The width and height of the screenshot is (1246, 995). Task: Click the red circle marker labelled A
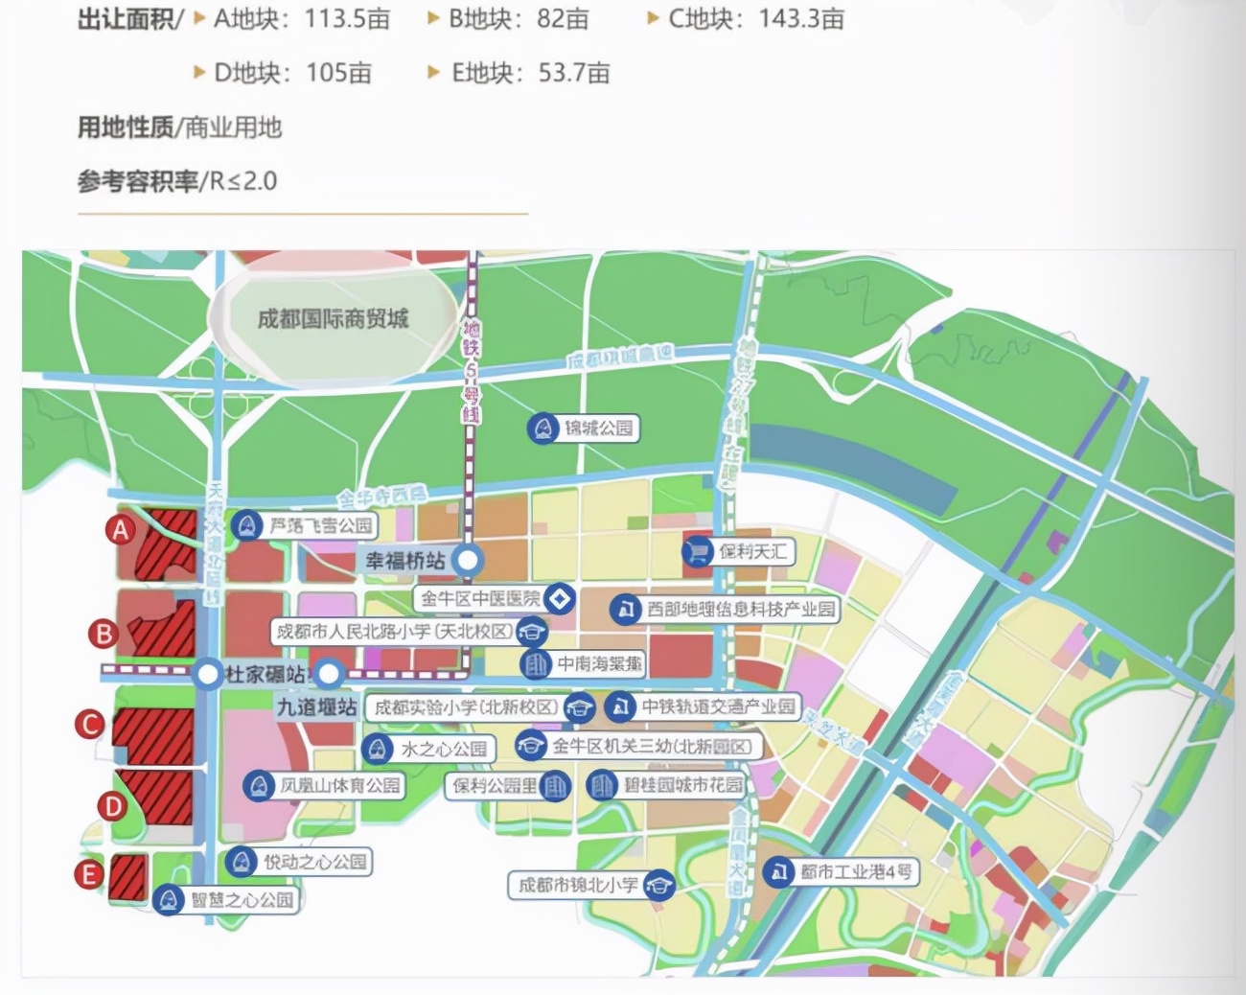121,529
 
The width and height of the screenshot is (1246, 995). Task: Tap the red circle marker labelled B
104,633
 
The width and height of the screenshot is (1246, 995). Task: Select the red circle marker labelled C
90,724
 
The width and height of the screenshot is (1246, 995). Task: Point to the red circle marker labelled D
113,805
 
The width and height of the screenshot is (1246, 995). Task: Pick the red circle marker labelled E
89,874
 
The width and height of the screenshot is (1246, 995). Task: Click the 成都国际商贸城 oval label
333,318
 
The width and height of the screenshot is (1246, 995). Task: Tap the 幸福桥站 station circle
468,560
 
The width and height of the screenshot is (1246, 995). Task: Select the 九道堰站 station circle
329,673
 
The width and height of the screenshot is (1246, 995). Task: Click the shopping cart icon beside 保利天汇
697,551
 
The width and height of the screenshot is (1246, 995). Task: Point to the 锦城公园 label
598,428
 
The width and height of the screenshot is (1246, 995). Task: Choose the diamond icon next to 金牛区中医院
560,599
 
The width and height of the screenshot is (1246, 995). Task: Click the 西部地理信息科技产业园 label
740,609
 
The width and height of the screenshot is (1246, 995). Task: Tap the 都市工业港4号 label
855,872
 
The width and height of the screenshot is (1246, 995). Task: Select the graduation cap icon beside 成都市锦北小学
658,885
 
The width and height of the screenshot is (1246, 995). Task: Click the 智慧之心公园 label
242,899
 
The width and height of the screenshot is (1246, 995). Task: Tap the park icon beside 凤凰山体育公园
257,786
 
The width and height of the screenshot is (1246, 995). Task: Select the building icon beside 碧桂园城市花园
602,785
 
